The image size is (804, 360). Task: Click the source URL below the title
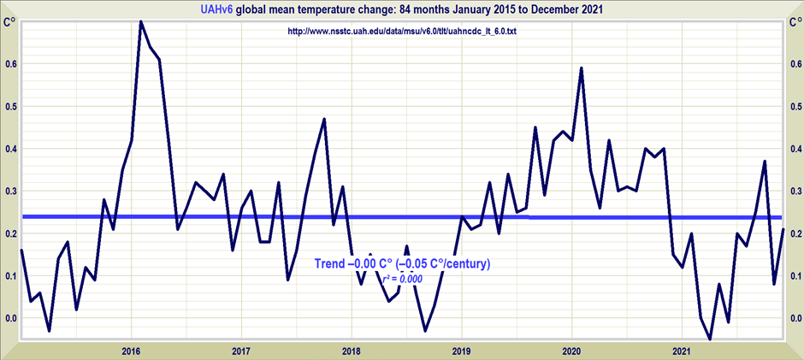click(x=402, y=32)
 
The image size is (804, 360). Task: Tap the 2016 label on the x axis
click(x=131, y=351)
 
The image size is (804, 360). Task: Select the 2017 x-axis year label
click(x=241, y=351)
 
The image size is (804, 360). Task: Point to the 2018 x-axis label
click(x=351, y=351)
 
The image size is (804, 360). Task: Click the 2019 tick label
click(x=462, y=351)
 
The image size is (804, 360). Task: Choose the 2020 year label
click(x=571, y=351)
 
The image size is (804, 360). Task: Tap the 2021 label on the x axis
click(x=682, y=351)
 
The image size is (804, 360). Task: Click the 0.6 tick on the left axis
click(x=10, y=64)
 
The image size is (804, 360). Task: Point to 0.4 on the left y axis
click(x=10, y=149)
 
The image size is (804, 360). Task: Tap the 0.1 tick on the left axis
click(x=10, y=275)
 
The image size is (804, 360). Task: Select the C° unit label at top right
click(x=792, y=22)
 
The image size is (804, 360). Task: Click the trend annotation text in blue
click(x=402, y=263)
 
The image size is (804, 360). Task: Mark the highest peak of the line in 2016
click(x=141, y=22)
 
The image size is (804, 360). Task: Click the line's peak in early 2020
click(x=582, y=68)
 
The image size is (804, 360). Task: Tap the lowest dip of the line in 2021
click(x=710, y=339)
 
